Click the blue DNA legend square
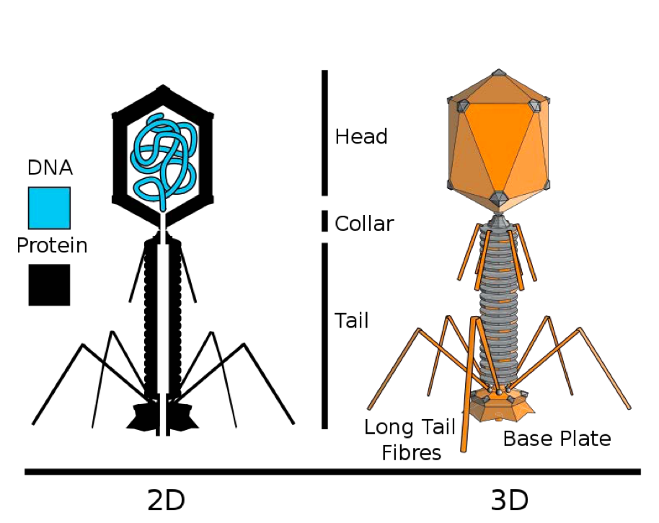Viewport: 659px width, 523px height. pos(49,208)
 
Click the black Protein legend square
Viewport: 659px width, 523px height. pos(49,284)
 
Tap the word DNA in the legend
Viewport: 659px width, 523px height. pos(50,168)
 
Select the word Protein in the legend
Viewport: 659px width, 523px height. pos(52,245)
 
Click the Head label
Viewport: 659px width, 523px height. pos(361,136)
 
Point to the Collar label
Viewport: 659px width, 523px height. pos(364,224)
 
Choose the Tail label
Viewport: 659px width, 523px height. pos(352,320)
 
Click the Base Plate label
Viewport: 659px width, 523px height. pos(557,439)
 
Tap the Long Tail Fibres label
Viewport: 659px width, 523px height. pos(410,439)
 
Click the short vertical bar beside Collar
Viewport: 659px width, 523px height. pos(325,221)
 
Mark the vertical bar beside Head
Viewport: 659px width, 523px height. pos(325,133)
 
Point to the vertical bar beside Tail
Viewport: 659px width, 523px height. pos(325,336)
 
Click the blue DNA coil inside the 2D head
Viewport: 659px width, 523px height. pos(165,155)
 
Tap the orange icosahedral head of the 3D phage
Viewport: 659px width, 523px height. pos(496,144)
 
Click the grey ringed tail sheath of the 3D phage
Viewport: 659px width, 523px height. pos(498,303)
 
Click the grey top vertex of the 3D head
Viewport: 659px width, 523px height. pos(497,74)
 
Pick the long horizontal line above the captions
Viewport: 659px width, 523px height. pos(332,472)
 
